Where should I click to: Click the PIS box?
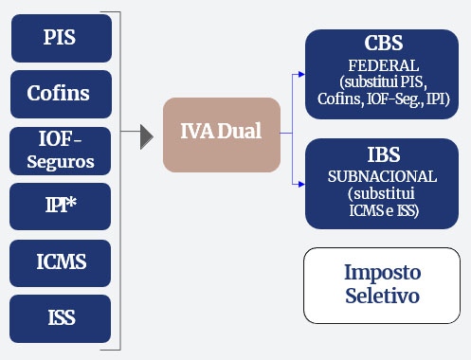(x=61, y=38)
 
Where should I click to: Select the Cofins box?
(x=61, y=94)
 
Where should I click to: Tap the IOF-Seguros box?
(x=61, y=150)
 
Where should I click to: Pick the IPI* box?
(x=61, y=206)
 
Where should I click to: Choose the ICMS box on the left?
(x=61, y=262)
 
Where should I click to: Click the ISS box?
(x=61, y=318)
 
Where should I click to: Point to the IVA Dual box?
(x=222, y=135)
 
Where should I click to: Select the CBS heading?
(x=383, y=44)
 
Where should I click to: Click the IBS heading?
(x=383, y=156)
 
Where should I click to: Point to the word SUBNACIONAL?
(x=383, y=177)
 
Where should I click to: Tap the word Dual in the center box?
(x=241, y=134)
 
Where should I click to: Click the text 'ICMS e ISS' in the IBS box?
(x=383, y=210)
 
